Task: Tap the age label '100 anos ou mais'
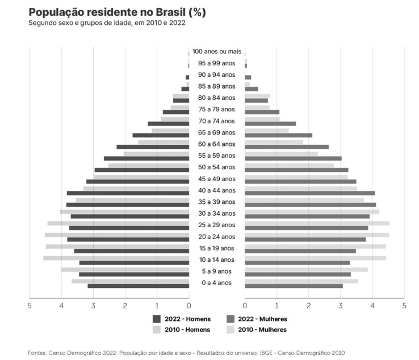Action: [x=217, y=52]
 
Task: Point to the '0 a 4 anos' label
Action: [x=217, y=283]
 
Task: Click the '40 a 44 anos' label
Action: [x=217, y=190]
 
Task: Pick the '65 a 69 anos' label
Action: [x=217, y=132]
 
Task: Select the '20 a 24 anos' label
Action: [x=217, y=236]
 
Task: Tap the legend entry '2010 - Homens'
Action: [x=187, y=330]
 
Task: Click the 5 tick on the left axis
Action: [x=30, y=306]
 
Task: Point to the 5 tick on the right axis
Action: [x=404, y=306]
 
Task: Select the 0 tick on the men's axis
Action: [x=189, y=306]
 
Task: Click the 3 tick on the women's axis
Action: [x=341, y=306]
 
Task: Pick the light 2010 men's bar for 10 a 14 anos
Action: [x=116, y=258]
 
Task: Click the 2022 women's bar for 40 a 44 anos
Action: [x=310, y=193]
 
